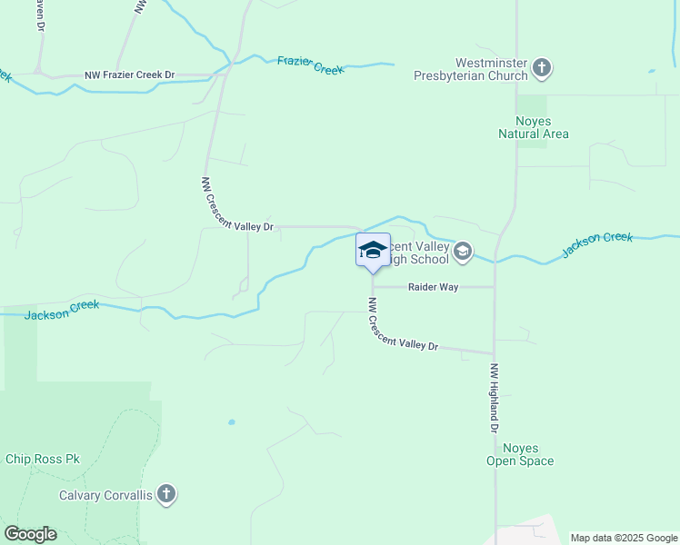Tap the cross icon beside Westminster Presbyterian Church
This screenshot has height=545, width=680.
pos(542,67)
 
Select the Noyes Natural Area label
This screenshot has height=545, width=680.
pos(534,127)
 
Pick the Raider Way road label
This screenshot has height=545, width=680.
pos(432,287)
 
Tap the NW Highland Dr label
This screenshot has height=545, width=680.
pos(495,399)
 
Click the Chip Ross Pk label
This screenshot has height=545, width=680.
pos(43,459)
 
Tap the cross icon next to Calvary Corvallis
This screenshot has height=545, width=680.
pos(165,494)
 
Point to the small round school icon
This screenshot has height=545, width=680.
pos(463,252)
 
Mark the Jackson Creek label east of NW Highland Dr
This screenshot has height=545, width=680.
pos(596,243)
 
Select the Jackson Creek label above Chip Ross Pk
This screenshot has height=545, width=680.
pos(62,310)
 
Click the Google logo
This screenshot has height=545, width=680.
pos(30,534)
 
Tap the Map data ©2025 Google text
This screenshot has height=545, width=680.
pos(624,538)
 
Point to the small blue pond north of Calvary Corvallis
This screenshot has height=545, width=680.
pos(232,422)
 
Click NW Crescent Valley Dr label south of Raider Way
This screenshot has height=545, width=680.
pos(403,325)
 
